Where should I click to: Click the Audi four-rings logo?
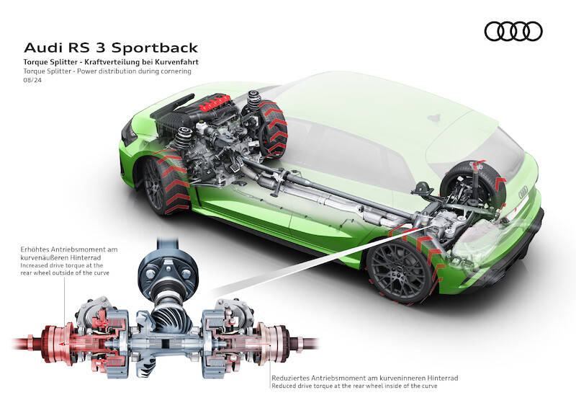[513, 31]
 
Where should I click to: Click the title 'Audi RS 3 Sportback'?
[111, 48]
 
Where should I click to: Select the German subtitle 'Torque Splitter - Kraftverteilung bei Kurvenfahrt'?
[111, 63]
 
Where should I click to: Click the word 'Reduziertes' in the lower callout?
[292, 377]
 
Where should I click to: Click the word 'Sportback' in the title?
[158, 48]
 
